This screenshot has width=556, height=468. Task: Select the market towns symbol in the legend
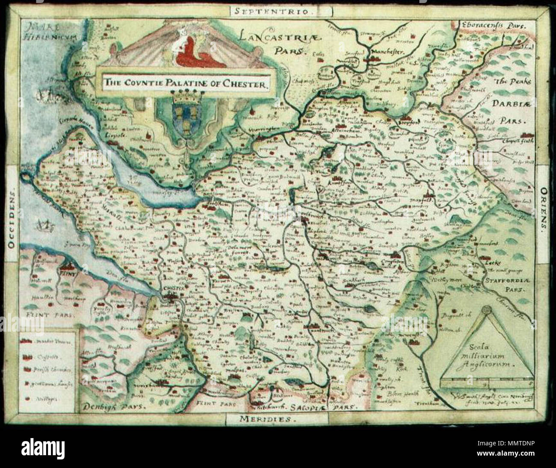(x=27, y=342)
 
